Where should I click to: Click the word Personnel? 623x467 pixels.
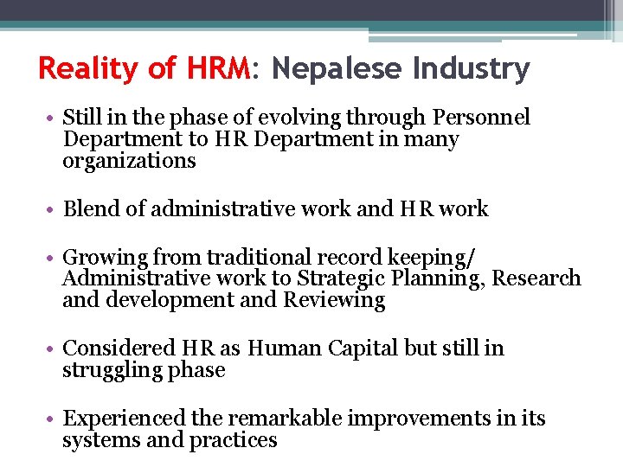tap(481, 118)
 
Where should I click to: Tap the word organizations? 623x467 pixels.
tap(129, 162)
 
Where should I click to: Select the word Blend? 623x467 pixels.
tap(91, 209)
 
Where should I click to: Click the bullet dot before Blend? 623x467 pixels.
tap(53, 209)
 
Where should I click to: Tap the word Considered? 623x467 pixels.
tap(119, 349)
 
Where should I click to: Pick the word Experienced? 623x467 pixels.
tap(125, 419)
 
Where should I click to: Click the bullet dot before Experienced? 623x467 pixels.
tap(53, 419)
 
